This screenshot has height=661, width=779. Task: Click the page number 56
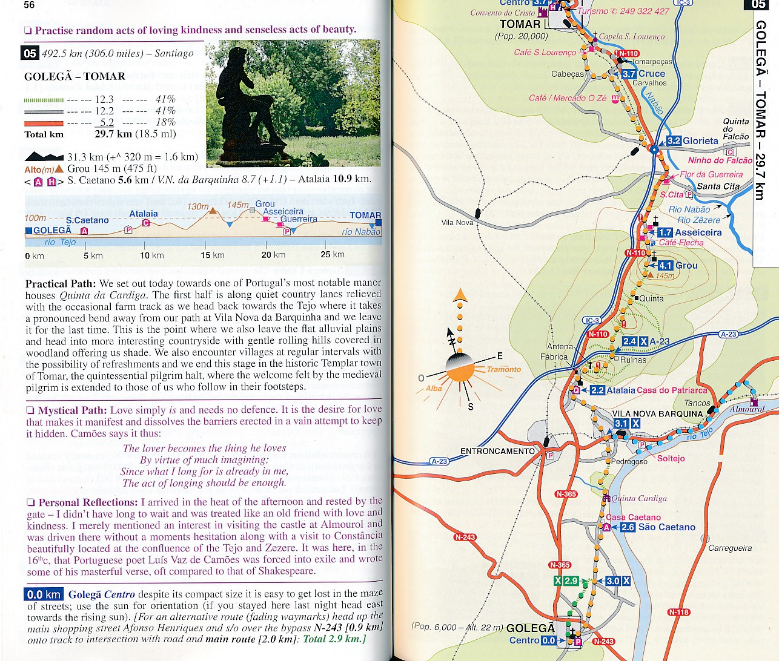[29, 5]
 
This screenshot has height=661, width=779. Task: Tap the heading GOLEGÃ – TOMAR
[75, 76]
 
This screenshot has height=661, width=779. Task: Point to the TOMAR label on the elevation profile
[365, 215]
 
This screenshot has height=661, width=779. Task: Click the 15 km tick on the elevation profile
[213, 255]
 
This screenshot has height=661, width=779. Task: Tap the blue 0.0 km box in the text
[44, 594]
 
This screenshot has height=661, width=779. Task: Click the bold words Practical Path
[60, 283]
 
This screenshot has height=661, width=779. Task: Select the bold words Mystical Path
[72, 410]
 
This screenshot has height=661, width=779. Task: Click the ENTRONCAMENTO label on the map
[497, 451]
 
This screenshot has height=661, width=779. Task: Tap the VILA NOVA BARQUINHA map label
[657, 414]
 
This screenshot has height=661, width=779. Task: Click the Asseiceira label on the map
[698, 232]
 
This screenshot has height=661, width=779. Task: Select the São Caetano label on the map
[666, 527]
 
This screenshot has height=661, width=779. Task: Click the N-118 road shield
[678, 612]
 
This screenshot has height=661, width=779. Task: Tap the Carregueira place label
[730, 548]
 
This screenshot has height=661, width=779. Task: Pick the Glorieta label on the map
[700, 141]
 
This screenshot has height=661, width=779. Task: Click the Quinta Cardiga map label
[638, 499]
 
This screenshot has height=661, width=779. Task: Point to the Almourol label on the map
[747, 409]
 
